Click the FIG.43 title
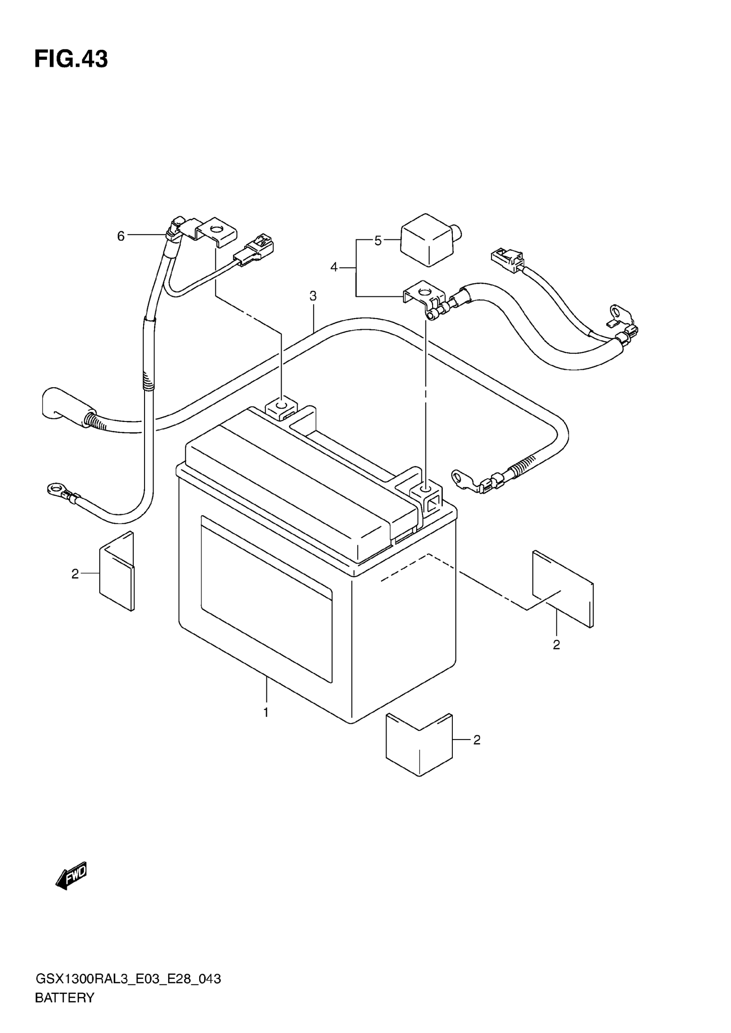(71, 59)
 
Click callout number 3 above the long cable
(313, 296)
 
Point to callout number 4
(334, 267)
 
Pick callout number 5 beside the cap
(378, 241)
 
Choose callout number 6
(121, 236)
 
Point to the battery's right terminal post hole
(425, 489)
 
